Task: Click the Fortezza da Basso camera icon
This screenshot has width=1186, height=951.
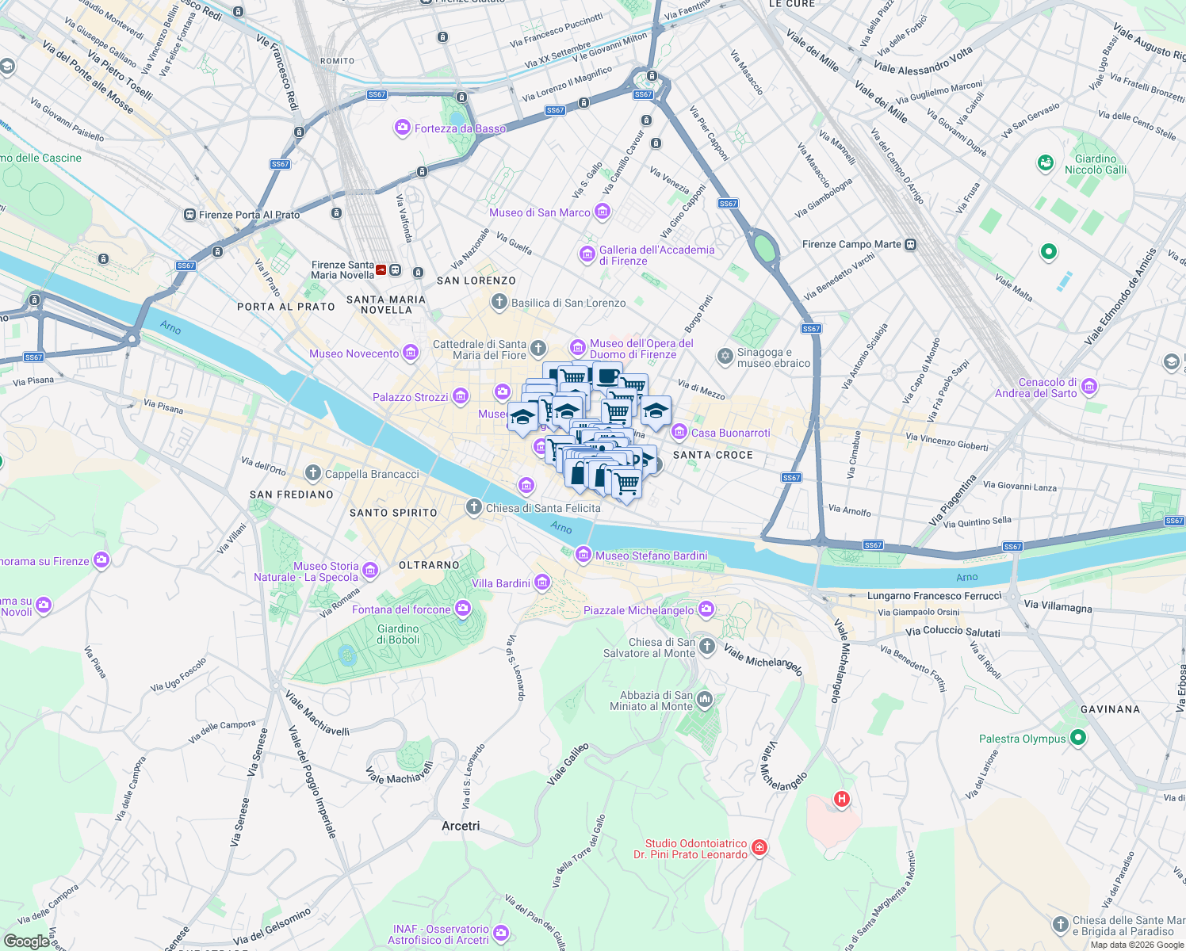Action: tap(403, 128)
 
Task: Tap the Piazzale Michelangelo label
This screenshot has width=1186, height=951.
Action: tap(638, 610)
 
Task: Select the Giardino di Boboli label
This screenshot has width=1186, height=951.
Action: tap(398, 634)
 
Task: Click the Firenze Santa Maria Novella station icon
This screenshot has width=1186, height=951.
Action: tap(381, 270)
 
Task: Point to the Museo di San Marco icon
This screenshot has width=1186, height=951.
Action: tap(603, 212)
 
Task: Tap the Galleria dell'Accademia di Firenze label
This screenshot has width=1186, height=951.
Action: tap(656, 255)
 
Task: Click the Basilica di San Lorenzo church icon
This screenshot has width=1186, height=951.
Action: tap(499, 302)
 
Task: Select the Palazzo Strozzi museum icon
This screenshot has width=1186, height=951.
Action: tap(461, 396)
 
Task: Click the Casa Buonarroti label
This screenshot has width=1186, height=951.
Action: tap(730, 433)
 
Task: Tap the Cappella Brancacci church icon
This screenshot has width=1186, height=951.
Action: tap(313, 474)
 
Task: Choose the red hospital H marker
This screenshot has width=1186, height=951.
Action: tap(842, 799)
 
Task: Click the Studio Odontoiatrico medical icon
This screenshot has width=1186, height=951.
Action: tap(759, 848)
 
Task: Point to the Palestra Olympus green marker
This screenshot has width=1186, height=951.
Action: tap(1077, 738)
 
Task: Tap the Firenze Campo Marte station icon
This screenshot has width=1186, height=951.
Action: tap(911, 244)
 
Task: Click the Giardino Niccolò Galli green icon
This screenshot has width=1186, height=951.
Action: tap(1046, 163)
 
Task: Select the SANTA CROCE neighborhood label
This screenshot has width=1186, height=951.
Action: tap(713, 455)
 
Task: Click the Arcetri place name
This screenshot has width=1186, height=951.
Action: tap(461, 826)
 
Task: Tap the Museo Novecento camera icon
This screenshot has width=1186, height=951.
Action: tap(411, 353)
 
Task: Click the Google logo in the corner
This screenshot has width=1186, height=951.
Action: tap(27, 941)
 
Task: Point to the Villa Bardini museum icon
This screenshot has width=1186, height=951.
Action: tap(542, 583)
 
